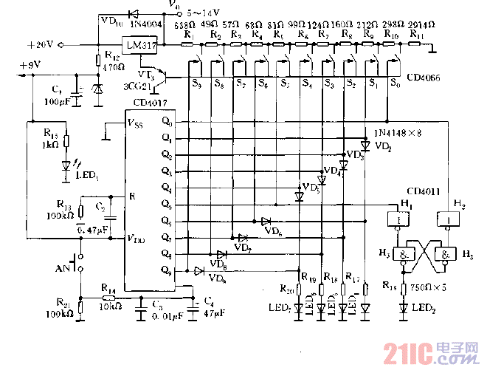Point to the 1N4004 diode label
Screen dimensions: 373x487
tap(148, 24)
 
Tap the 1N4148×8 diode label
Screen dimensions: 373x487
tap(398, 133)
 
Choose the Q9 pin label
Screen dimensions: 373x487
tap(167, 270)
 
